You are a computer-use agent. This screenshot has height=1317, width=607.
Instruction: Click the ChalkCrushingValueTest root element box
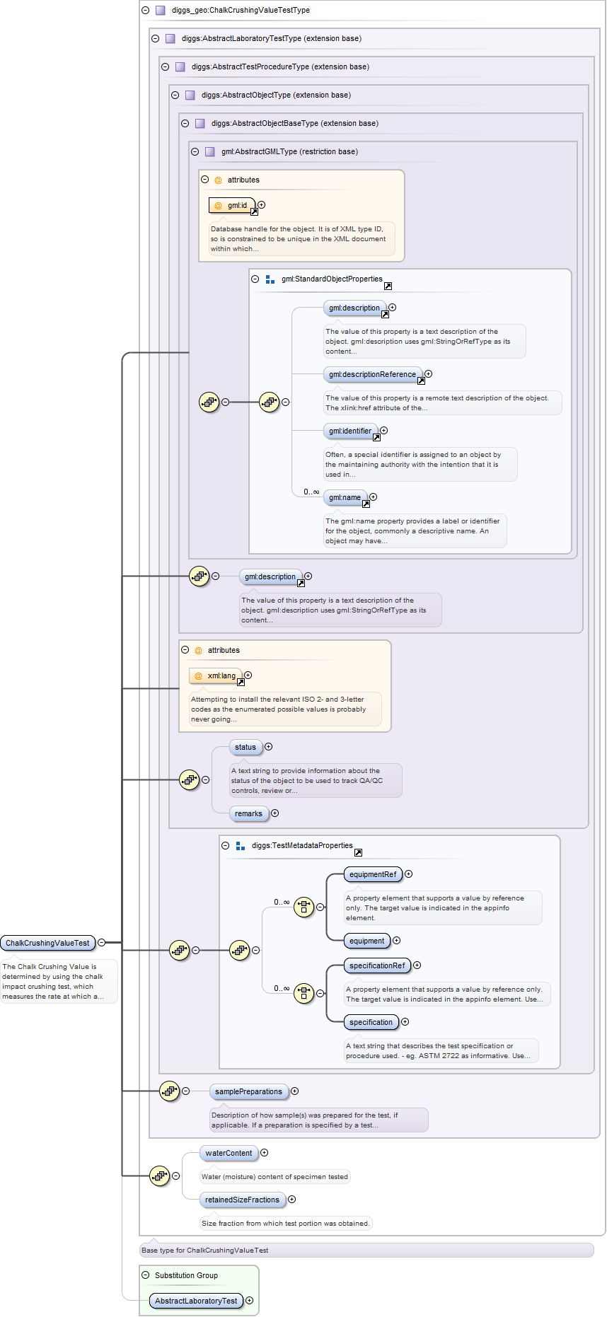pos(47,943)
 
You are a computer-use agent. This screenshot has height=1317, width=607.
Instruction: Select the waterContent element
pos(228,1153)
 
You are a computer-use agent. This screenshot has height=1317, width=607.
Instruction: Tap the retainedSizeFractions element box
pos(242,1200)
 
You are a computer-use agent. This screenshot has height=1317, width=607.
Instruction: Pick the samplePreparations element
pos(248,1091)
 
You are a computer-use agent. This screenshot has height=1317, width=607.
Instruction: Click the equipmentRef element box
pos(372,874)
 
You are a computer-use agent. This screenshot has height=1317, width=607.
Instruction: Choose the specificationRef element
pos(377,965)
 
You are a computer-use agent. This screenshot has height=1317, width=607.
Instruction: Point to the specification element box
pos(370,1022)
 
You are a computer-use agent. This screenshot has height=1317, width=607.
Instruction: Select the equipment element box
pos(366,941)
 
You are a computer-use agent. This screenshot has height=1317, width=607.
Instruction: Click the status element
pos(245,747)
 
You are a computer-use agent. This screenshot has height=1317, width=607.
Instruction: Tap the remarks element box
pos(248,813)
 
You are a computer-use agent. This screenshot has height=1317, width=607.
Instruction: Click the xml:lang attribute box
pos(216,675)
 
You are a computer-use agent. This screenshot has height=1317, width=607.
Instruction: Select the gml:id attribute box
pos(232,205)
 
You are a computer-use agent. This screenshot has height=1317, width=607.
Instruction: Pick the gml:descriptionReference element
pos(372,374)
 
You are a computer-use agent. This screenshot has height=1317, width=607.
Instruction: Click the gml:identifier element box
pos(349,431)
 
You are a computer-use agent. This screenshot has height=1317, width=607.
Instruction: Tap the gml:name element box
pos(345,497)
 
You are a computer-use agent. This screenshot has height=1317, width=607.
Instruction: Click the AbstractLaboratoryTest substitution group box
pos(196,1301)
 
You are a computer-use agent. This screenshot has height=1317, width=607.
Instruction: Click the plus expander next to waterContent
pos(265,1153)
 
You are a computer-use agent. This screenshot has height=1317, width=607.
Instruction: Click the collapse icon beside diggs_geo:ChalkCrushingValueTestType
pos(145,11)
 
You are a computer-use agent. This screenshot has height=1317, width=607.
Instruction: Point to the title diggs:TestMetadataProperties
pos(302,845)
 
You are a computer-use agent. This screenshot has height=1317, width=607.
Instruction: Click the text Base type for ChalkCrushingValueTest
pos(205,1250)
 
